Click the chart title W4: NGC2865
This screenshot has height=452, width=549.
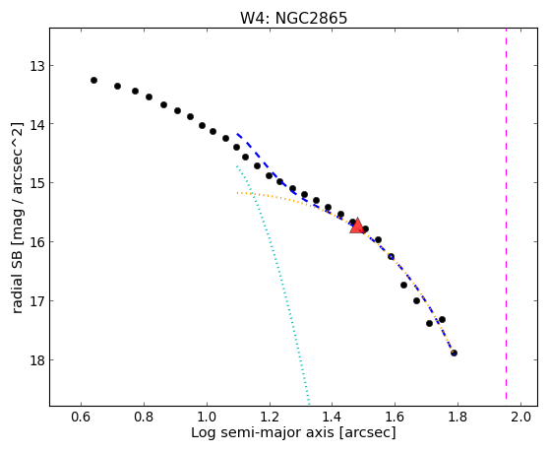point(293,18)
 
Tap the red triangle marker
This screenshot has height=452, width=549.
point(357,226)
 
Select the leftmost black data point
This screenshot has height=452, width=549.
point(93,80)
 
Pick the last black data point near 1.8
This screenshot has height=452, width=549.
point(454,353)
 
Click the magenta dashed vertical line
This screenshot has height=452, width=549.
point(507,214)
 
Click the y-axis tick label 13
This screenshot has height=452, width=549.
point(37,66)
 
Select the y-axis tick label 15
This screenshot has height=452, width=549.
point(37,183)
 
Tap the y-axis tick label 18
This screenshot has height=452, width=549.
point(37,360)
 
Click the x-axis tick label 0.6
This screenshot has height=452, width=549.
point(81,417)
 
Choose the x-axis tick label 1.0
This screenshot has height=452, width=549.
point(207,417)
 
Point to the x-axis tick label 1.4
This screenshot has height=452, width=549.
point(332,417)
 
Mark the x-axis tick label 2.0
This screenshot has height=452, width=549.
point(520,417)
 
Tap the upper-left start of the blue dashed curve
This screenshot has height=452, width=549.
point(237,134)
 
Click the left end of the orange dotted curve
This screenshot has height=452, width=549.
point(237,193)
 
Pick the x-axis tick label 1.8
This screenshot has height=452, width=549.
point(457,417)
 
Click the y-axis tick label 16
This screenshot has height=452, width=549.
point(37,242)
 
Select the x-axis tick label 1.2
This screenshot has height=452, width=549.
point(270,417)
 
